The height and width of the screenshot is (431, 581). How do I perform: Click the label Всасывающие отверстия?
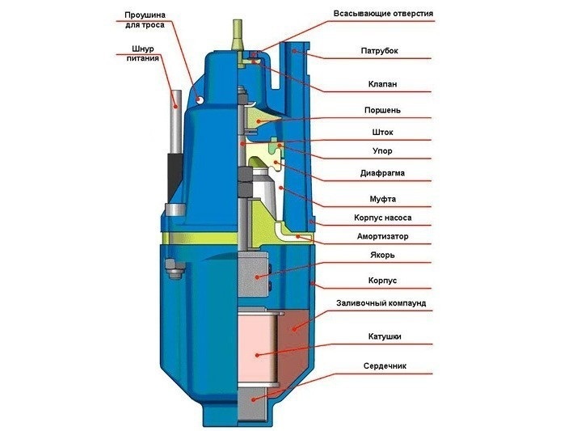(383, 14)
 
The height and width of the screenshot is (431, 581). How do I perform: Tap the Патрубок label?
(379, 50)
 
